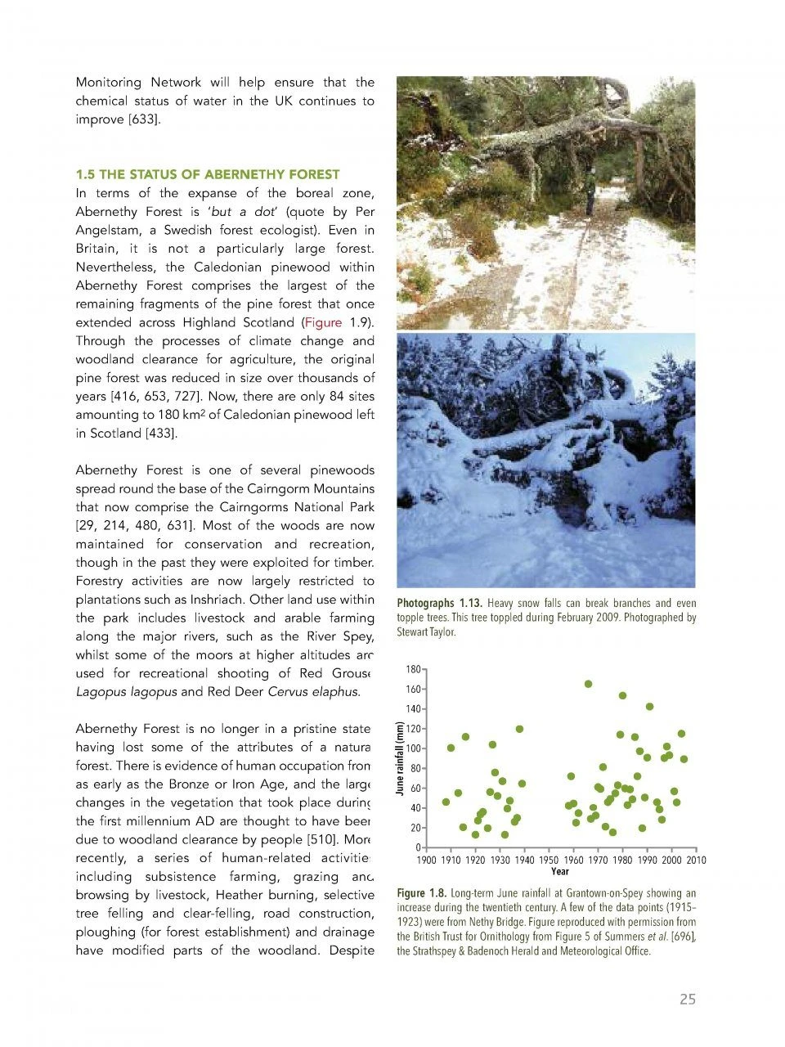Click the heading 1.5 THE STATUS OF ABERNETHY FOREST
click(x=207, y=174)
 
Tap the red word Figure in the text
click(x=322, y=322)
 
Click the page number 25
click(x=687, y=999)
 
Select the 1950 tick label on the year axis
click(x=548, y=860)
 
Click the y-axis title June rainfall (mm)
click(x=400, y=757)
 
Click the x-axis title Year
click(x=560, y=871)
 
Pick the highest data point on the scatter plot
click(x=588, y=684)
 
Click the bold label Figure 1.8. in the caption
click(x=421, y=893)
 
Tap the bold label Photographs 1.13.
click(x=439, y=604)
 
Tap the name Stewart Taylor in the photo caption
click(x=425, y=632)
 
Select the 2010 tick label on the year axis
click(x=695, y=860)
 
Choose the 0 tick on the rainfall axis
click(x=418, y=847)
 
